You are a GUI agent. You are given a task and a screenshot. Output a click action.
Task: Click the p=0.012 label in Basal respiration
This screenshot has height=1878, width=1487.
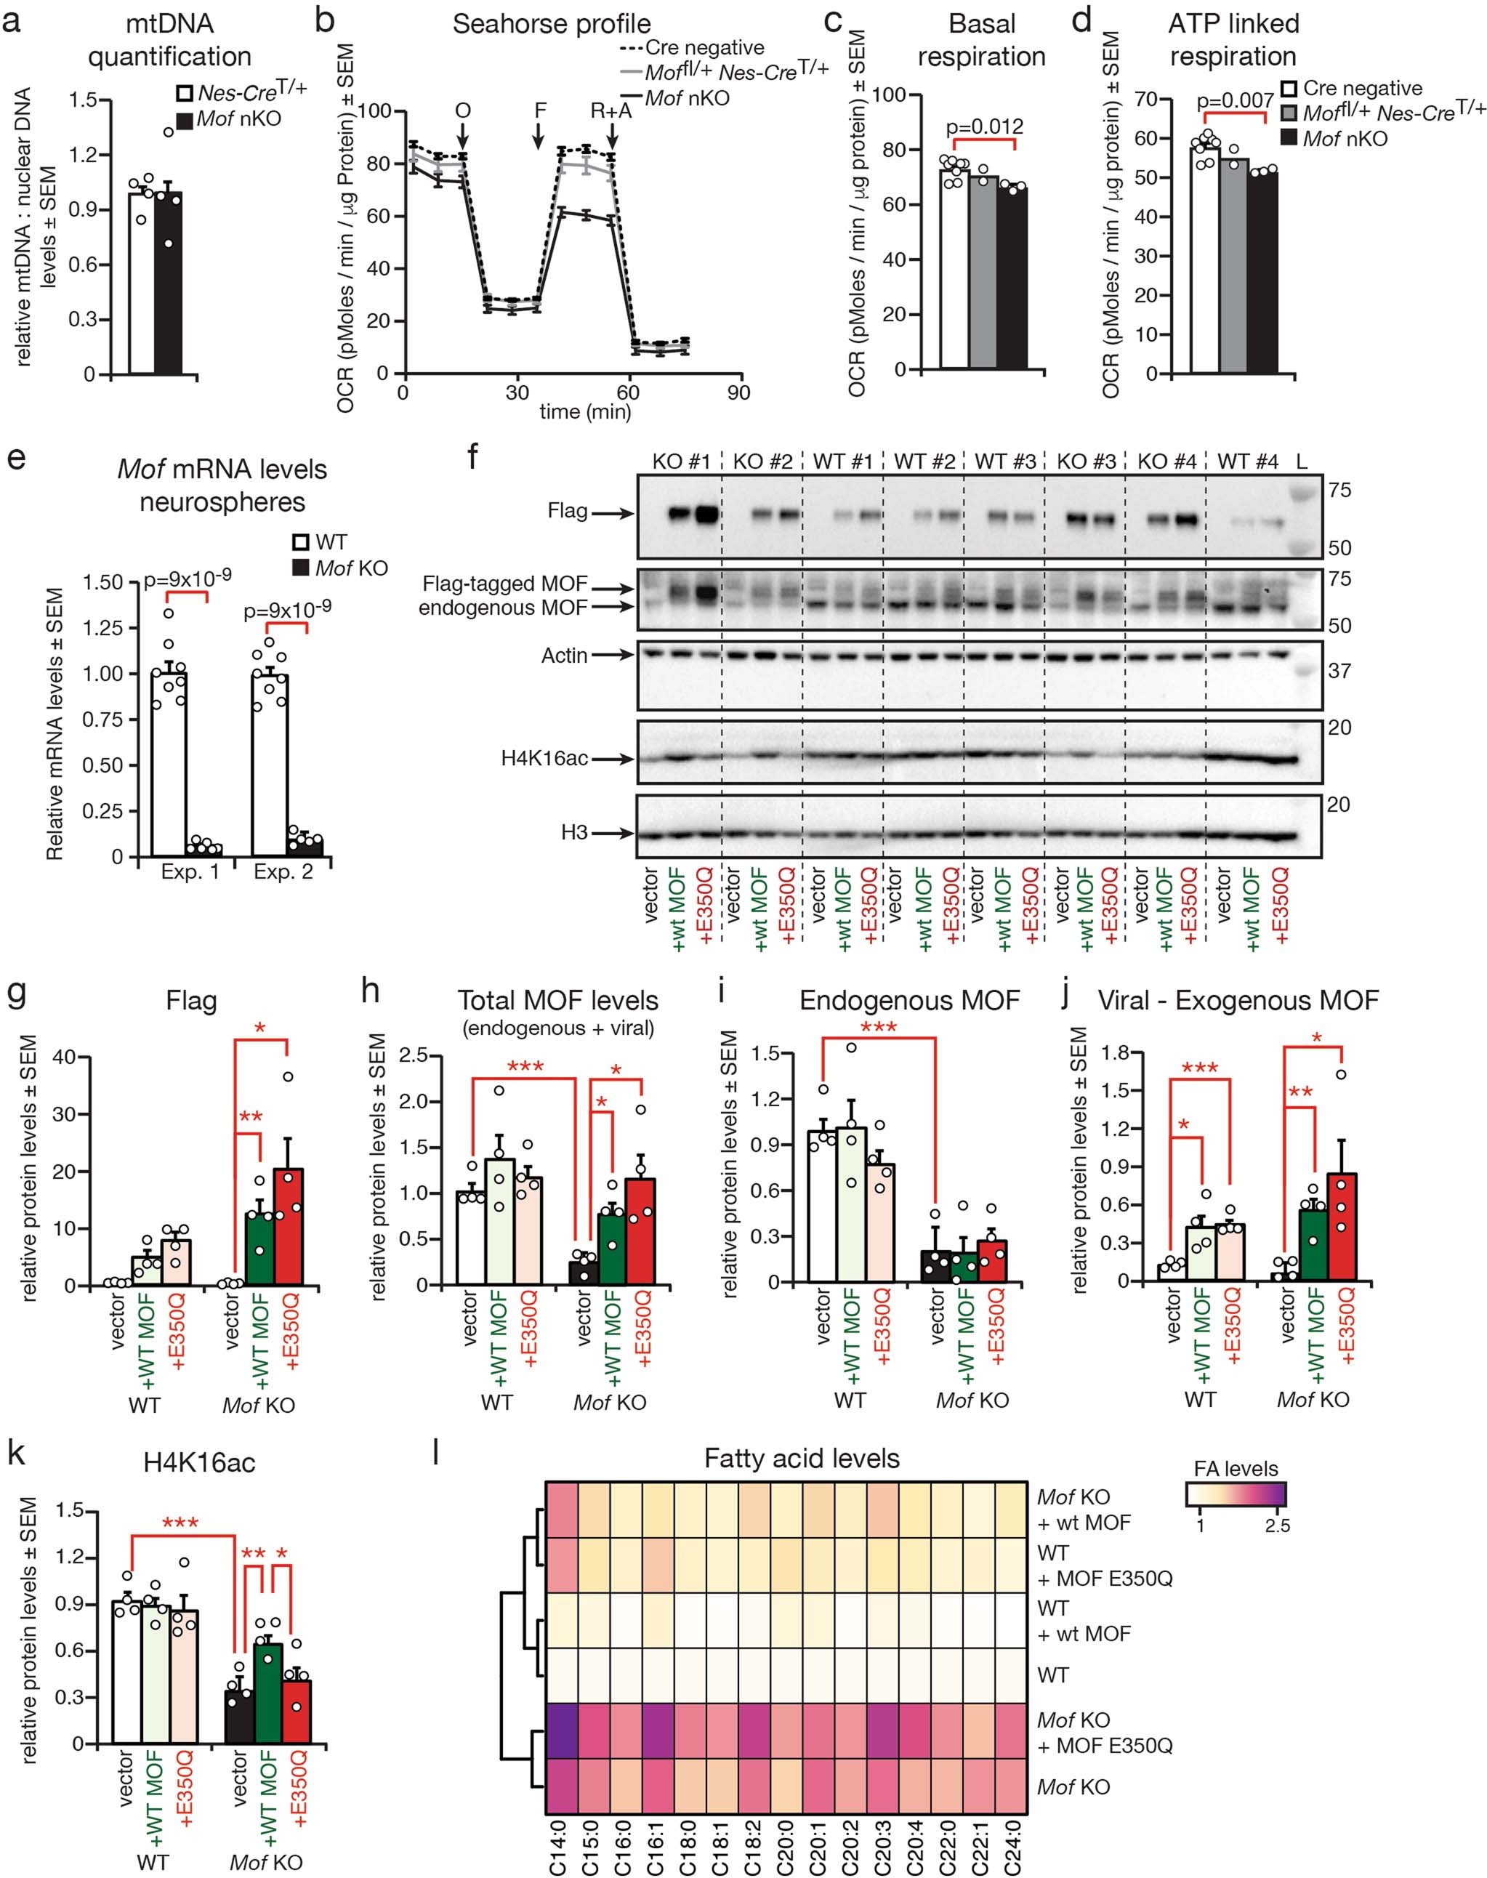click(986, 126)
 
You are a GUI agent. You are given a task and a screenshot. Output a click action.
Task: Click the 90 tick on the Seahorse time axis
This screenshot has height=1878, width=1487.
click(738, 392)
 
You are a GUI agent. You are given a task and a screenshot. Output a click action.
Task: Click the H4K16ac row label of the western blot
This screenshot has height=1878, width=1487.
click(544, 758)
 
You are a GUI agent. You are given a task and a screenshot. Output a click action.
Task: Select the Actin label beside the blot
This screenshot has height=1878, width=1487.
click(564, 655)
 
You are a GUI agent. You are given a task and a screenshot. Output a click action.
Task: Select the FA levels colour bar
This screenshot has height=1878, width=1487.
click(1236, 1494)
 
